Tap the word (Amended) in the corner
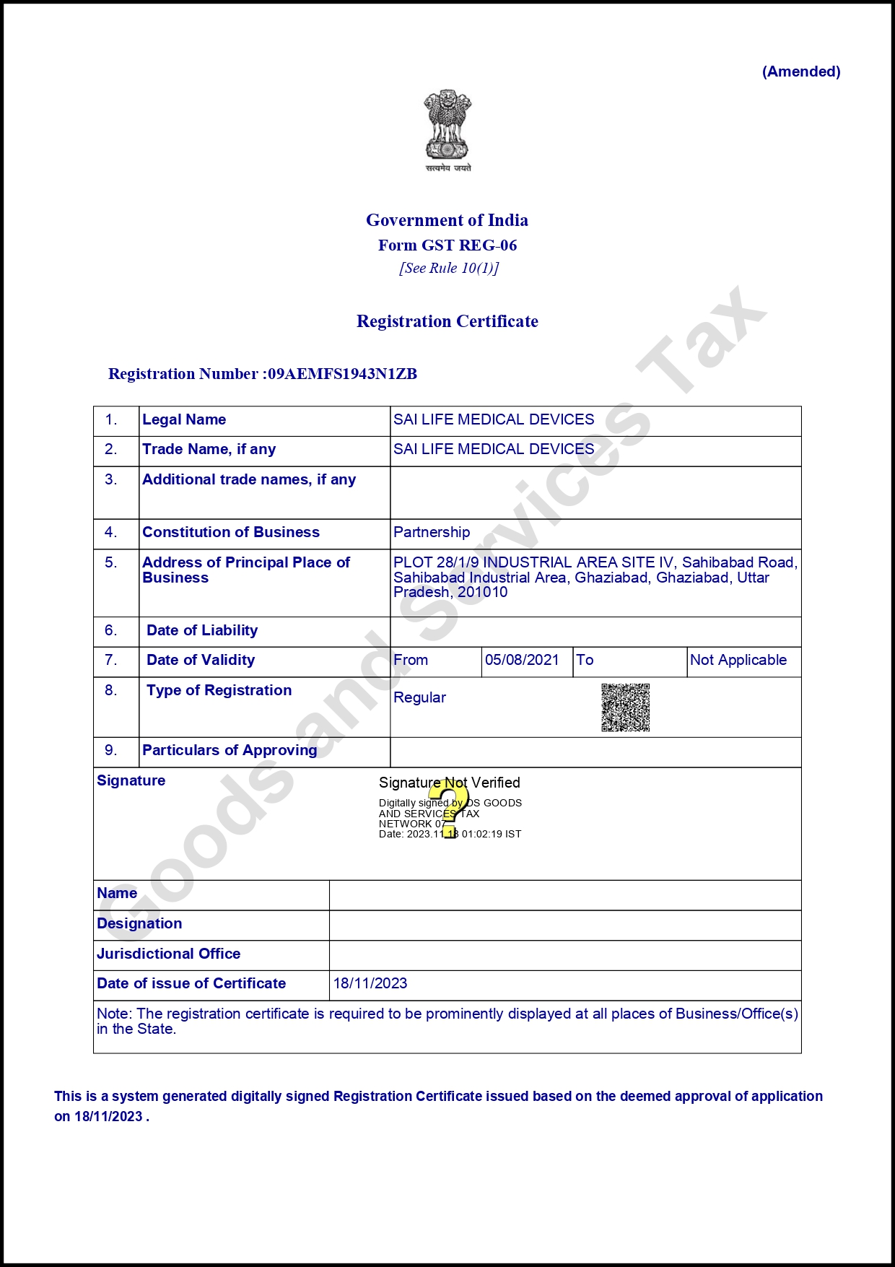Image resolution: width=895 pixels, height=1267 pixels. click(801, 71)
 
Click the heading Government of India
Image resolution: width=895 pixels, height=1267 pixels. click(447, 220)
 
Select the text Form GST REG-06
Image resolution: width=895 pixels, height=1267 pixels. click(447, 245)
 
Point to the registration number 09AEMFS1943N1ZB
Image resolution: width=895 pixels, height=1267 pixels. click(342, 374)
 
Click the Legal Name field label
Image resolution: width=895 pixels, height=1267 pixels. click(184, 419)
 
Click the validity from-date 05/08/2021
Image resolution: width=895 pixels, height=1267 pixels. click(522, 660)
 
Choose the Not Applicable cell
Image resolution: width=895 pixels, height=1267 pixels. click(738, 660)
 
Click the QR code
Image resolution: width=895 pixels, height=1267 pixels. click(626, 707)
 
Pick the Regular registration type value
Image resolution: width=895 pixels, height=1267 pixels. click(419, 697)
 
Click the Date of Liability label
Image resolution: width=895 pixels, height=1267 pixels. click(202, 630)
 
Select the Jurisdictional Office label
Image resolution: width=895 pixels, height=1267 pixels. click(168, 954)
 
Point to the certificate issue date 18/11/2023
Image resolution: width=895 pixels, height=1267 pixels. click(370, 983)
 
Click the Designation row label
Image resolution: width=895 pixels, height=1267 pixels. click(139, 923)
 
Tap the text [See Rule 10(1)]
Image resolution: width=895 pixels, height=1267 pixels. click(449, 269)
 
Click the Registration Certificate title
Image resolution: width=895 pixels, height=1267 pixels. click(447, 321)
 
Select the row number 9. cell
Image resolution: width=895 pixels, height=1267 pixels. click(111, 750)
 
